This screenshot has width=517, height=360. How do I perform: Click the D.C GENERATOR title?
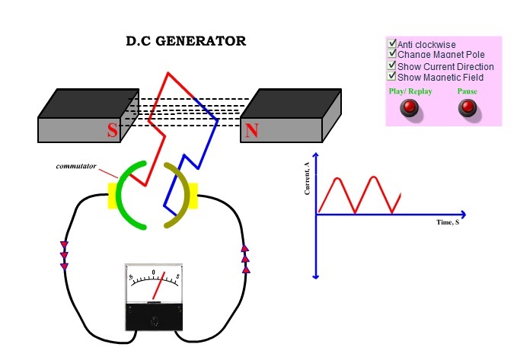click(186, 41)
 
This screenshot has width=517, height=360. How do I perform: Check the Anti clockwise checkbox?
click(392, 44)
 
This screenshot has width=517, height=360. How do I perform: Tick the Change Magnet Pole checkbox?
click(392, 55)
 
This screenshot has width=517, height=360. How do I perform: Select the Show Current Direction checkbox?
click(392, 66)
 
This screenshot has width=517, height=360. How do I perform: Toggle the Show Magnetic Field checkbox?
click(392, 76)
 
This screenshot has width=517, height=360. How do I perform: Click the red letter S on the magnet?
click(112, 131)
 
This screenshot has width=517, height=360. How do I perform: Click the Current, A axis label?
click(307, 179)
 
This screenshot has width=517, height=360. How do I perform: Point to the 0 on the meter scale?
click(153, 272)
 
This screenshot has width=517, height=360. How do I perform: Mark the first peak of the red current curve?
click(339, 178)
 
